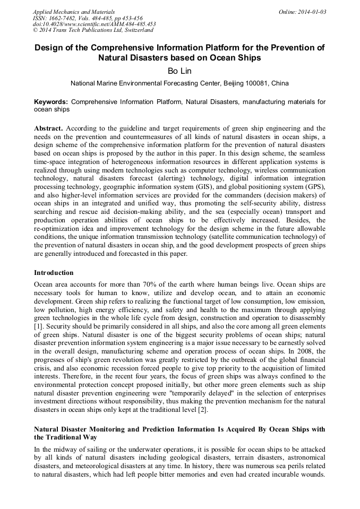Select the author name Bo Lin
pyautogui.click(x=180, y=71)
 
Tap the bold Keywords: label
pyautogui.click(x=51, y=101)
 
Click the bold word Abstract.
pyautogui.click(x=48, y=128)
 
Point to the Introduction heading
pyautogui.click(x=54, y=273)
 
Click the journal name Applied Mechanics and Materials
pyautogui.click(x=74, y=12)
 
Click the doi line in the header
pyautogui.click(x=94, y=24)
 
